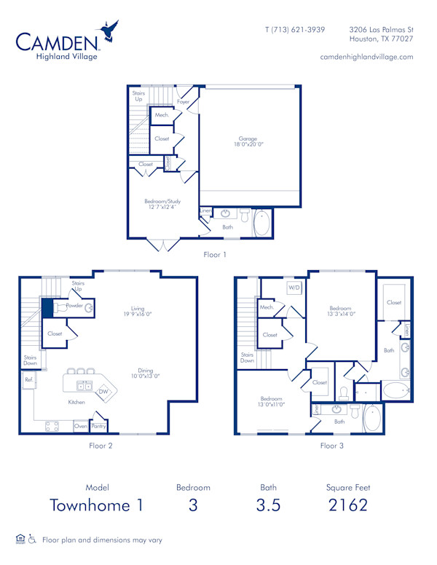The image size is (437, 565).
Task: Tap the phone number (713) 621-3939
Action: tap(295, 30)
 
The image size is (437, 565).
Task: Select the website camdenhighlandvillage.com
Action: tap(366, 57)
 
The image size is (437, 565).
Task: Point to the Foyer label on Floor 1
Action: tap(183, 102)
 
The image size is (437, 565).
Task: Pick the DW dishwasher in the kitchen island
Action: tap(103, 391)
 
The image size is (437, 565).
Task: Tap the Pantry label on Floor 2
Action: tap(98, 426)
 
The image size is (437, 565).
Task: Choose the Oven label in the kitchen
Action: tap(80, 426)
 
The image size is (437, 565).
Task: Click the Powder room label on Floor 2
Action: tap(74, 307)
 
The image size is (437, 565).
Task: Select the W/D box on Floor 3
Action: tap(294, 287)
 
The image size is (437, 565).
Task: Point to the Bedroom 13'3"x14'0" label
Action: tap(340, 311)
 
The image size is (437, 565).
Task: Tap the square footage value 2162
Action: tap(347, 505)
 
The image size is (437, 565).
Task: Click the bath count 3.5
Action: tap(268, 505)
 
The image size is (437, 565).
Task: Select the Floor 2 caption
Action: tap(100, 445)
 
